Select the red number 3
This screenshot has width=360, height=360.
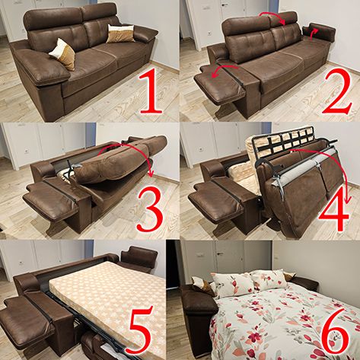click(150, 209)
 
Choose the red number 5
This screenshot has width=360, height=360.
click(141, 330)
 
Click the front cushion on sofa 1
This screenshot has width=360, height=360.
click(62, 54)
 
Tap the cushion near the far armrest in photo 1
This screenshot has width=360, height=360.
click(120, 33)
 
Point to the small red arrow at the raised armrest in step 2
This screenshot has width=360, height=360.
click(314, 33)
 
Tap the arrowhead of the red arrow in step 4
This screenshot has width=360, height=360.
click(347, 200)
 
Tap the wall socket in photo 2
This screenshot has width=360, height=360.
click(209, 33)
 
